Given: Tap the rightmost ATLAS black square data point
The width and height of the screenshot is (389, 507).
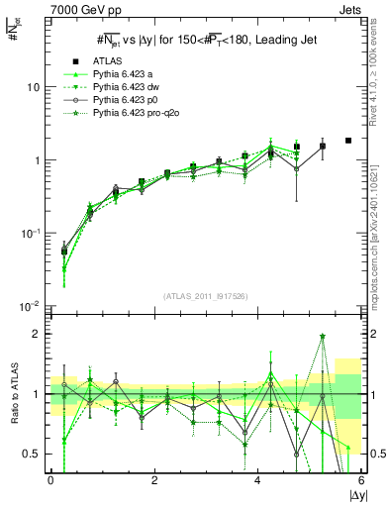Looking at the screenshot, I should [x=348, y=141].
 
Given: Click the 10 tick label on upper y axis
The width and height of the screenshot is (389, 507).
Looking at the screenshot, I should [x=32, y=87].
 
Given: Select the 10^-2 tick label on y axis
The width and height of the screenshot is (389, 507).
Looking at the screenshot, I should [x=30, y=307].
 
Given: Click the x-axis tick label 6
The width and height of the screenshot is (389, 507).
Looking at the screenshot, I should [x=362, y=481].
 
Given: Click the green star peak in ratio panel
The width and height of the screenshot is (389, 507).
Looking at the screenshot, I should [x=323, y=336].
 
